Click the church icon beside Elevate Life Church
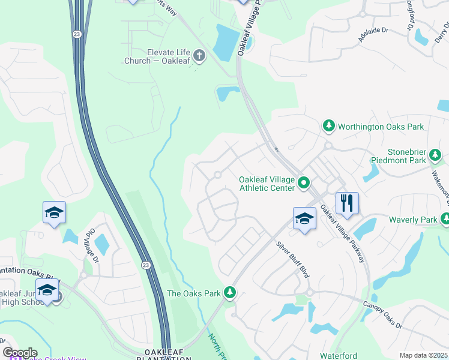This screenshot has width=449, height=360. tap(199, 56)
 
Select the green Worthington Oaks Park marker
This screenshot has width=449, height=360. tap(328, 126)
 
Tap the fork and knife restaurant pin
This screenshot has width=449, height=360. tap(347, 204)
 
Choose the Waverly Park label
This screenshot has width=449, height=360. tap(412, 220)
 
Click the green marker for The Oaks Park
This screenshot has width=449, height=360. tap(229, 293)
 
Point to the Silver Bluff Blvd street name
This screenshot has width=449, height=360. tap(292, 259)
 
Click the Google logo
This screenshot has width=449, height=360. tap(20, 353)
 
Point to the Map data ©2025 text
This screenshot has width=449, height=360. tap(423, 355)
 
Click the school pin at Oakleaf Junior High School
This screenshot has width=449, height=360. tap(47, 289)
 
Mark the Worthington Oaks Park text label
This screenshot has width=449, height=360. tap(381, 127)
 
